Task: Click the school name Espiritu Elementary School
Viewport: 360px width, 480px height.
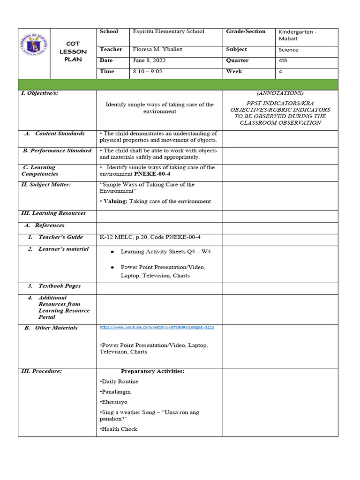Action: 169,32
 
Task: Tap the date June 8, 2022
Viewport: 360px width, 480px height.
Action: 149,60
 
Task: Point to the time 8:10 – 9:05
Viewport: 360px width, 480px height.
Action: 148,72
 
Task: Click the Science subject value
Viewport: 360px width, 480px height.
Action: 288,50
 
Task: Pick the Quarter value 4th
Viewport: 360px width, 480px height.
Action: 283,60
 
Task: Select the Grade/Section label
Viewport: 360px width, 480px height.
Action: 246,32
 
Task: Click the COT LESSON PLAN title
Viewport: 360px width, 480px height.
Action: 73,52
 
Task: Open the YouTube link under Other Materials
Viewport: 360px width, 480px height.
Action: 157,327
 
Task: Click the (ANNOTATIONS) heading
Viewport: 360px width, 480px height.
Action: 280,93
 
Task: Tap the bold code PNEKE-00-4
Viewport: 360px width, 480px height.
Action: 152,174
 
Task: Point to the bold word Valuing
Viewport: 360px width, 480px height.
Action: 115,202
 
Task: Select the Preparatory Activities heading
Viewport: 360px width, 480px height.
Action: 152,371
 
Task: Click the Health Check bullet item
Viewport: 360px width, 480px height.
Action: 120,429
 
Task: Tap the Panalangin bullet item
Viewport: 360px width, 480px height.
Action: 116,392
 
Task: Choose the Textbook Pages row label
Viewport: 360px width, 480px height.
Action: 60,286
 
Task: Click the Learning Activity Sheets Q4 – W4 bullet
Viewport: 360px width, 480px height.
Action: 165,252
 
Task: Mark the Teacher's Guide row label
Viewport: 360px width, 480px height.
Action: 60,237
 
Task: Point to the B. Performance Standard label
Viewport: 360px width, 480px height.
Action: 57,151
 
